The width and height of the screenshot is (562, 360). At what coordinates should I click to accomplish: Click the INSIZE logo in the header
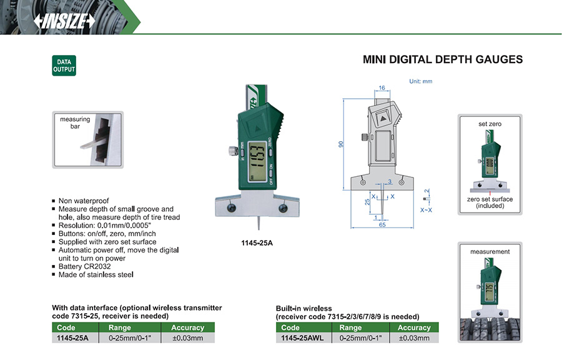64,21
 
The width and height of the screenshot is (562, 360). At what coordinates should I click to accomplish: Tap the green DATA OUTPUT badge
64,66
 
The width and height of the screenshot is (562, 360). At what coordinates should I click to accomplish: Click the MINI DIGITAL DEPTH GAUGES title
443,60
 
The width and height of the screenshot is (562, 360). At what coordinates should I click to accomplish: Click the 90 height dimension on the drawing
340,144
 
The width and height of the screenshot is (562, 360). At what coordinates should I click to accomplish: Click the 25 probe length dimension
367,202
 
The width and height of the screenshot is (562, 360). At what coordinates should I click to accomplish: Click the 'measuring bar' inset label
75,122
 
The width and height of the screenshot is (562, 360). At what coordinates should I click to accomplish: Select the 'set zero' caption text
490,124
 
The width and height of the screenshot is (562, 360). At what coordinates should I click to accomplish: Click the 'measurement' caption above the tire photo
490,251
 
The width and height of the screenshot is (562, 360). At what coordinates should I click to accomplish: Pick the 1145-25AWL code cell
302,338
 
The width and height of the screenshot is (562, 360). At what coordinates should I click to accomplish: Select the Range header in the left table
119,327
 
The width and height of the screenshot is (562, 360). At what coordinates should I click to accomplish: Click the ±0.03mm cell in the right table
415,338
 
